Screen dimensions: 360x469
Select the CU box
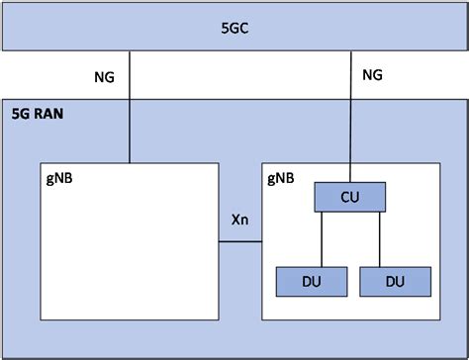pos(349,197)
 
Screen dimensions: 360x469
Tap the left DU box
pos(311,281)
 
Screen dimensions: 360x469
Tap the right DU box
pos(396,281)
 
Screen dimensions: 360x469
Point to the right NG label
pos(372,75)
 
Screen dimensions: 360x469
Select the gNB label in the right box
pos(280,178)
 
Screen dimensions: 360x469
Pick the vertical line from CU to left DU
pos(321,239)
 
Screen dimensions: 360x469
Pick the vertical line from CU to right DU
pos(380,239)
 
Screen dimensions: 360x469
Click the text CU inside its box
pos(349,197)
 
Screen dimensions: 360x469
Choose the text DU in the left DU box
pos(311,281)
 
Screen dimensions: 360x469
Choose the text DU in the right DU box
pos(396,281)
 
